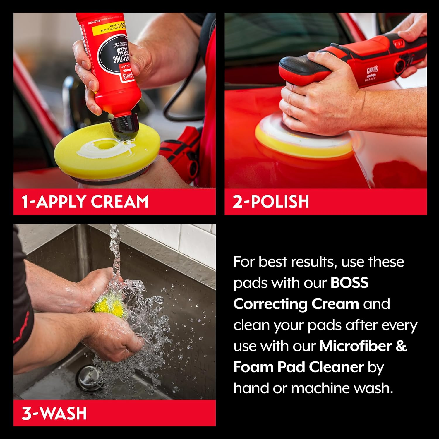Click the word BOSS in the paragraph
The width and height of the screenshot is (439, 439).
pos(349,283)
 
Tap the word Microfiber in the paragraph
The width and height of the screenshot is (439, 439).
pos(356,346)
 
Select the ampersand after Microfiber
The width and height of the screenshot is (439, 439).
pos(401,346)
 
